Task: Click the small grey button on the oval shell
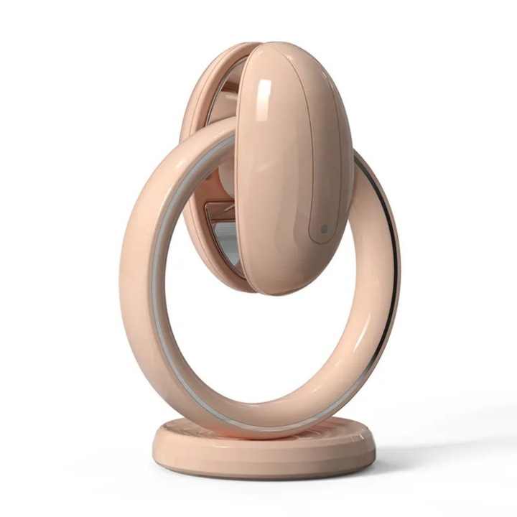(324, 229)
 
